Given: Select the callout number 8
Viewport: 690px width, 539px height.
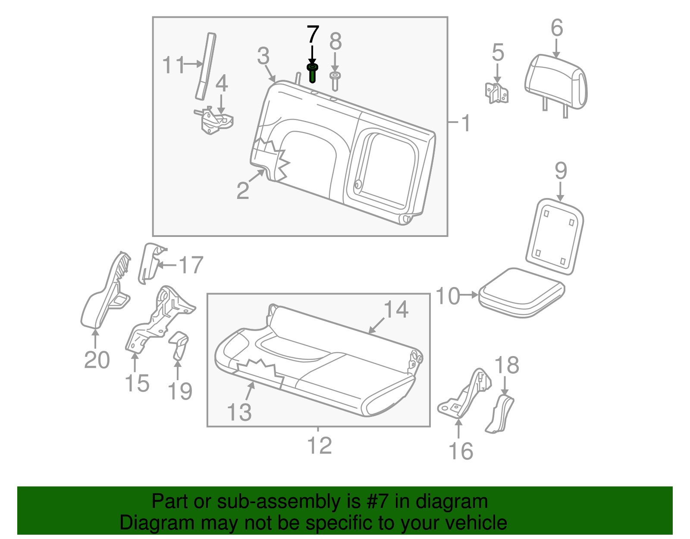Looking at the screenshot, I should pyautogui.click(x=335, y=42).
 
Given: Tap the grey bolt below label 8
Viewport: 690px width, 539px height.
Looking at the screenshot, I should pyautogui.click(x=335, y=81).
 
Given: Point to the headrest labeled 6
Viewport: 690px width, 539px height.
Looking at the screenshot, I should pyautogui.click(x=556, y=82).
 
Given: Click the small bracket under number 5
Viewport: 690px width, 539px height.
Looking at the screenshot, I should pyautogui.click(x=497, y=93).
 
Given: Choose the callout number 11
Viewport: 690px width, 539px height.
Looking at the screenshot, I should pyautogui.click(x=173, y=65).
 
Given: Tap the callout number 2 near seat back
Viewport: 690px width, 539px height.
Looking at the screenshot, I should pyautogui.click(x=243, y=190).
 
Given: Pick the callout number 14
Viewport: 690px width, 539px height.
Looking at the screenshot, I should pyautogui.click(x=396, y=309).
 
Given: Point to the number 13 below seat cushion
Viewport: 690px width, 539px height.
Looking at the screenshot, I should pyautogui.click(x=239, y=412).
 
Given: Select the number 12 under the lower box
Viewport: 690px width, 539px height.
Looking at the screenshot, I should pyautogui.click(x=319, y=446).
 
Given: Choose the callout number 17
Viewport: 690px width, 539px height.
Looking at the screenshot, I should pyautogui.click(x=191, y=265).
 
